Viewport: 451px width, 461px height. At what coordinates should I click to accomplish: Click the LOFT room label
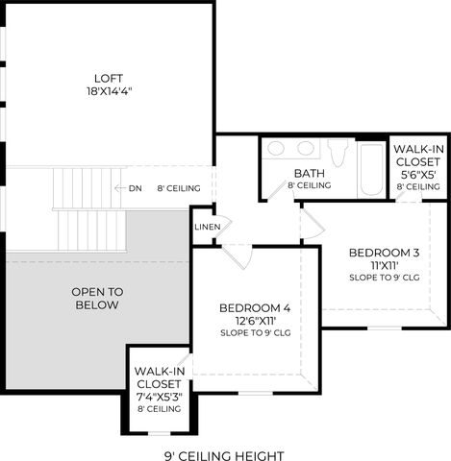(x=109, y=79)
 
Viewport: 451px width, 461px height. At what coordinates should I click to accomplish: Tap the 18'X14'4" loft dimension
(x=110, y=91)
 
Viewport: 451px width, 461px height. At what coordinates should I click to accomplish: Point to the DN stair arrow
(x=118, y=188)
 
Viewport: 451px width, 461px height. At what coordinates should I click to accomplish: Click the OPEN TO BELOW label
(x=97, y=299)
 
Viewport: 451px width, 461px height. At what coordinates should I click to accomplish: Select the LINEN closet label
(x=208, y=227)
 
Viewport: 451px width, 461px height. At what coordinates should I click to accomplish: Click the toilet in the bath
(x=338, y=153)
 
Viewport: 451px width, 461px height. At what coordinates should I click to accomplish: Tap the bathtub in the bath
(x=371, y=169)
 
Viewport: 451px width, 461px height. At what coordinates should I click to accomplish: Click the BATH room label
(x=310, y=173)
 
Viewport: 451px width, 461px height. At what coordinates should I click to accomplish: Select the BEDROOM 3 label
(x=384, y=253)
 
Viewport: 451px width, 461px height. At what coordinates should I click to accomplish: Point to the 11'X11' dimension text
(x=385, y=265)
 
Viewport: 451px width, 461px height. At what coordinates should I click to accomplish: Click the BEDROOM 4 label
(x=255, y=308)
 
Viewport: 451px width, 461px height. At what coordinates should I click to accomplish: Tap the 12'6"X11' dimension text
(x=256, y=321)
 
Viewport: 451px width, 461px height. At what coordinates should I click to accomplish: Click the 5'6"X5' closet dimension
(x=418, y=175)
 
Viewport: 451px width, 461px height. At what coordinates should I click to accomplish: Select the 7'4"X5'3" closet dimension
(x=160, y=397)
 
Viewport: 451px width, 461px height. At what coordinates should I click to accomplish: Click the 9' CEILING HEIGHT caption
(x=224, y=455)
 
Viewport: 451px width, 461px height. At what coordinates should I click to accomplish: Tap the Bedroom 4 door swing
(x=238, y=256)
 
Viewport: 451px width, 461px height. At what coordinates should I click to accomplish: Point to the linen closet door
(x=223, y=226)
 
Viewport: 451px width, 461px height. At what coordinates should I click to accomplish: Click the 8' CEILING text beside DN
(x=179, y=188)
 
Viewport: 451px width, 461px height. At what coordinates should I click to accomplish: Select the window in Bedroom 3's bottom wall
(x=385, y=328)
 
